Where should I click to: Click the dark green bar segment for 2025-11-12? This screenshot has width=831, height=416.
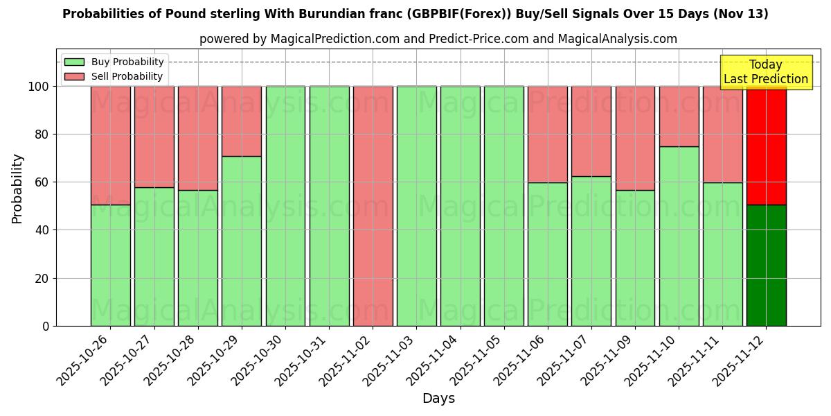(766, 265)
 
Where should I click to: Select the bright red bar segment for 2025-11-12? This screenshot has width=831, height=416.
(766, 146)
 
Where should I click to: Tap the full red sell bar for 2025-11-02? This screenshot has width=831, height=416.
(373, 206)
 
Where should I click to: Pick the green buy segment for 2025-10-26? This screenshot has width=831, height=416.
(110, 265)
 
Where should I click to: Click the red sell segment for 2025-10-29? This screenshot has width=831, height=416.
(242, 121)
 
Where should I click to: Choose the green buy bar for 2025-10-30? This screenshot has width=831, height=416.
(285, 206)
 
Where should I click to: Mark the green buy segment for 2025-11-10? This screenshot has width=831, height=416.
(679, 236)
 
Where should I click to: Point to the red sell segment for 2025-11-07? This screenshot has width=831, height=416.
(591, 131)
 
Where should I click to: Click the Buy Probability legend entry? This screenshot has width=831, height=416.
(114, 62)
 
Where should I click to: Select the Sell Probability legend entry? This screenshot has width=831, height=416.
(114, 76)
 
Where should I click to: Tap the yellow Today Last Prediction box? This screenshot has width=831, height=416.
(766, 72)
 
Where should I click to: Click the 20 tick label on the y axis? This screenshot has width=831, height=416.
(42, 279)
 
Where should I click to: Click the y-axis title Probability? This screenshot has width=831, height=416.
(17, 189)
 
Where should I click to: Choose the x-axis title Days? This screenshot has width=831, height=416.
(438, 399)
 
